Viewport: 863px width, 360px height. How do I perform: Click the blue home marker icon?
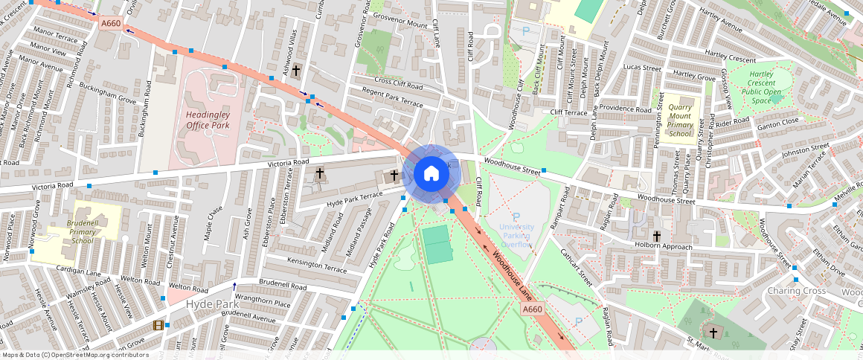point(431,174)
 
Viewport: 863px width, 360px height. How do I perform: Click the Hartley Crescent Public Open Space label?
point(762,87)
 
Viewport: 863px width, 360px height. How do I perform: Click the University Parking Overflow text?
point(516,235)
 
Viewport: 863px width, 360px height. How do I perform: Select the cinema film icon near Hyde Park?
point(158,325)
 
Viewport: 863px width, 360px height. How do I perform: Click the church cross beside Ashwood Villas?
point(296,71)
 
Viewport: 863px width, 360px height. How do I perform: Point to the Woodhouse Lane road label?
point(511,274)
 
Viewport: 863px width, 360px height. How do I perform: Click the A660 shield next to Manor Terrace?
point(110,24)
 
